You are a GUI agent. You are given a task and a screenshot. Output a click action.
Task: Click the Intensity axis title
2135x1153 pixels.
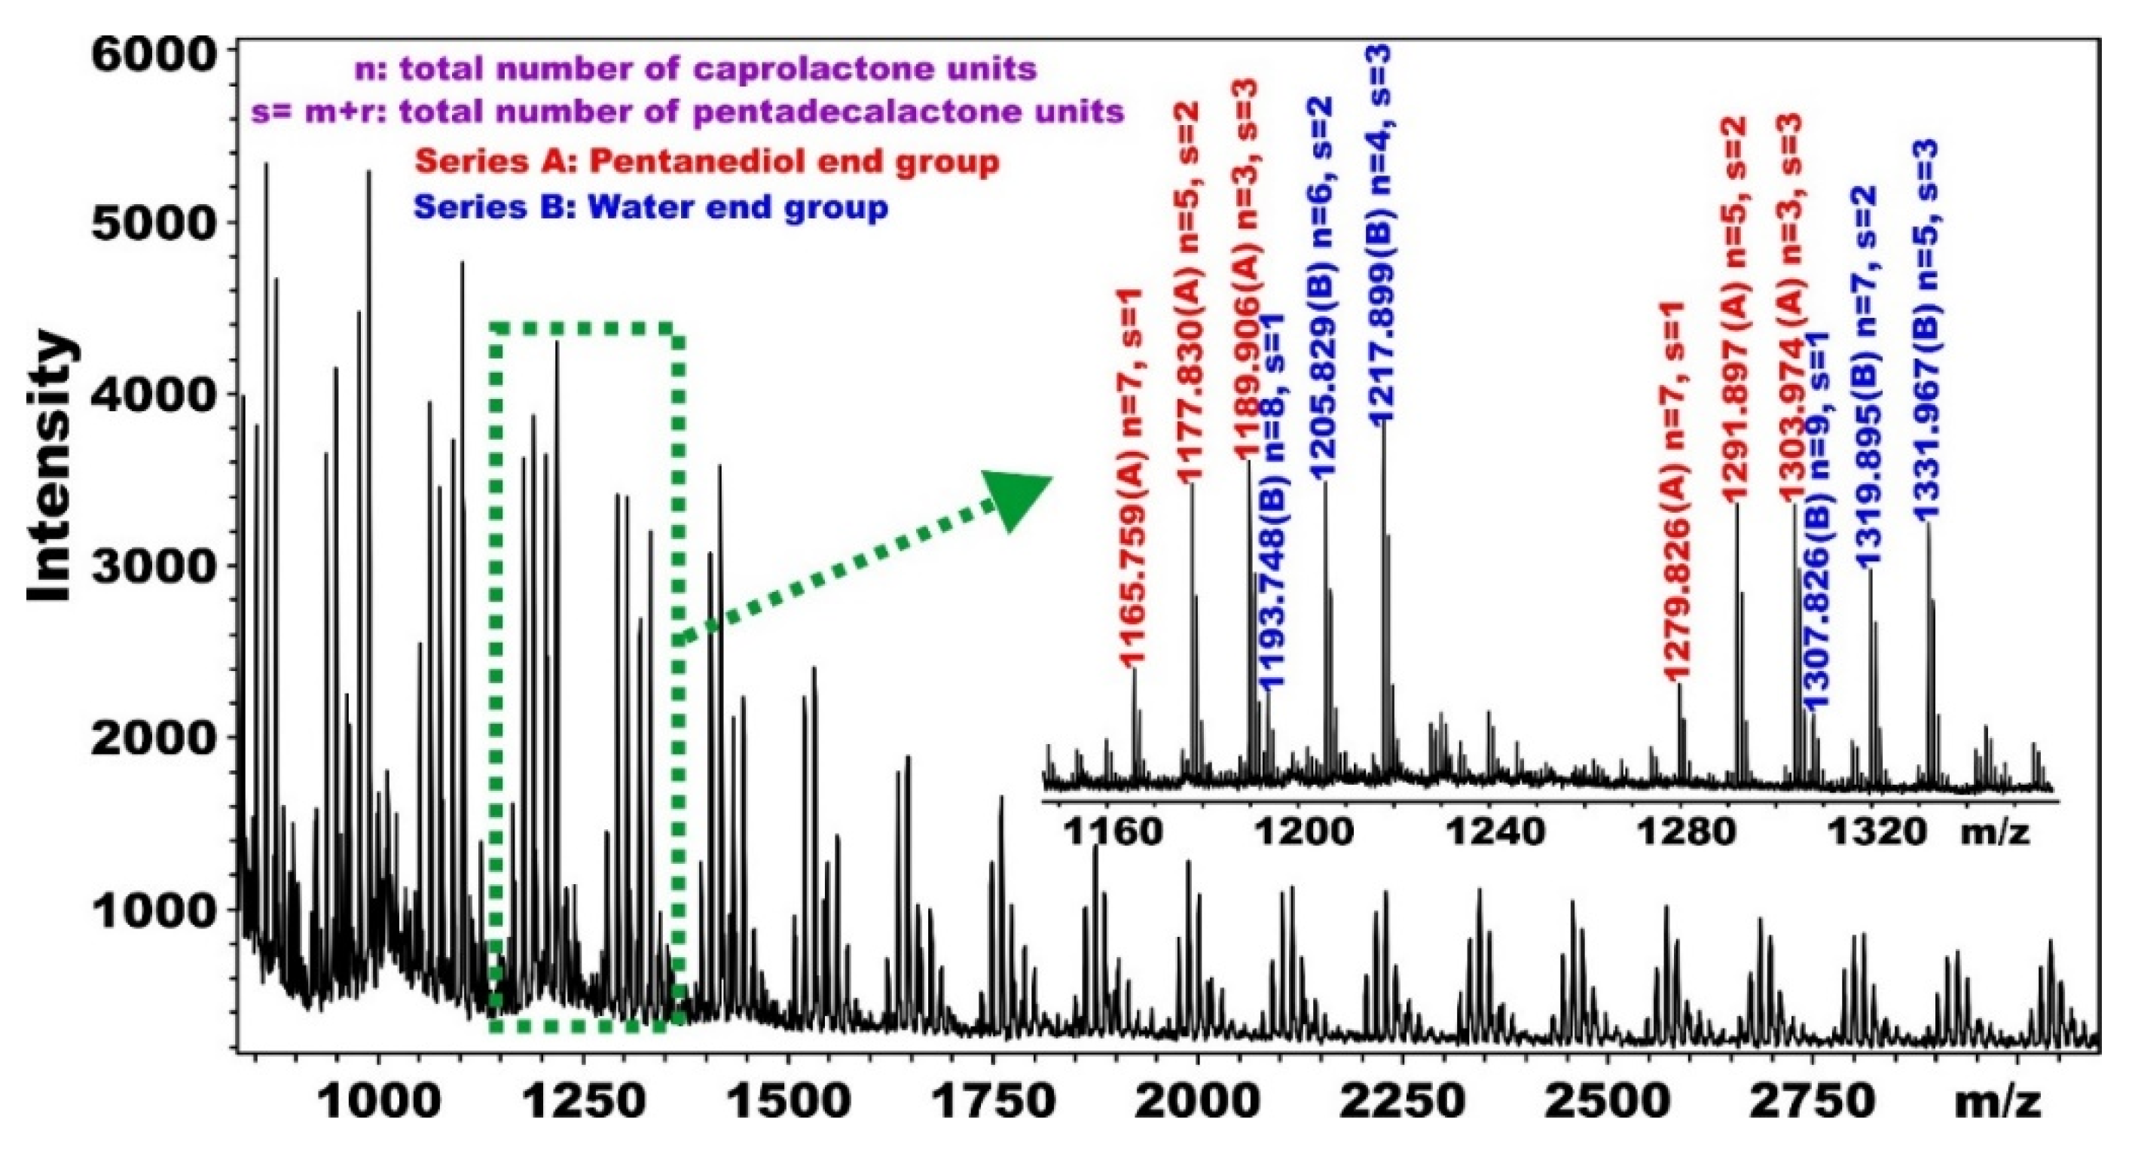coord(50,468)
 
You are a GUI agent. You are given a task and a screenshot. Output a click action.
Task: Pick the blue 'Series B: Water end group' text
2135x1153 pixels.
coord(651,206)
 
